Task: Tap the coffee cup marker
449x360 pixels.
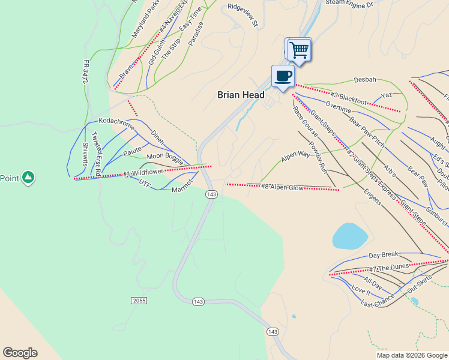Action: pyautogui.click(x=283, y=76)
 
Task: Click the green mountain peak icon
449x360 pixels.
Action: pyautogui.click(x=28, y=177)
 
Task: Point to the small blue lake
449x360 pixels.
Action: pyautogui.click(x=350, y=236)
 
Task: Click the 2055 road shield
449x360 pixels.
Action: pyautogui.click(x=138, y=299)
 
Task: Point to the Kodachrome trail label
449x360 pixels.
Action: pyautogui.click(x=116, y=122)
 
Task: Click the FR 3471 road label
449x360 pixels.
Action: pyautogui.click(x=86, y=71)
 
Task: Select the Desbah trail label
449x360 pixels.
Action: pyautogui.click(x=365, y=79)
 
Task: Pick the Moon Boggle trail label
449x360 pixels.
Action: pyautogui.click(x=164, y=157)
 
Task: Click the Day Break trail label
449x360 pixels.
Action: pyautogui.click(x=384, y=256)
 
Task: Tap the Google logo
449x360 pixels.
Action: pyautogui.click(x=20, y=353)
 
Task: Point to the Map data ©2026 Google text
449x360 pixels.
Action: pyautogui.click(x=411, y=355)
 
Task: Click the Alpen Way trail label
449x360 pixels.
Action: pyautogui.click(x=295, y=155)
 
